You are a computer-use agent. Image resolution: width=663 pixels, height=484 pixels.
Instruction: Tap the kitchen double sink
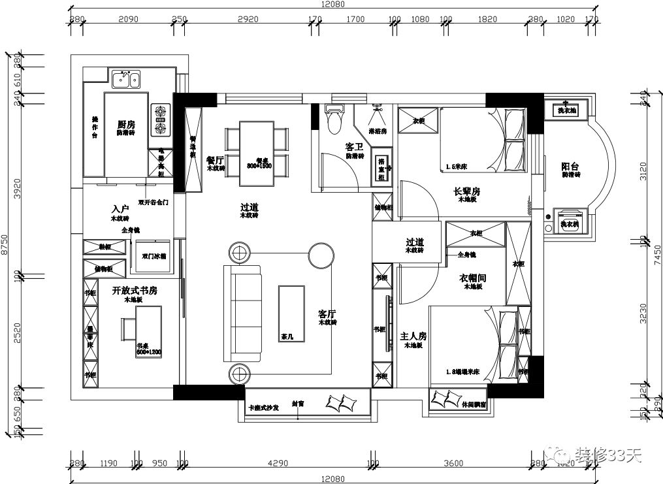[126, 80]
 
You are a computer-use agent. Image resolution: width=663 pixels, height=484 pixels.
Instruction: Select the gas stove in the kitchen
[161, 118]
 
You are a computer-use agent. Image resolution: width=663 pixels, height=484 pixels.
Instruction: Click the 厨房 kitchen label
[126, 124]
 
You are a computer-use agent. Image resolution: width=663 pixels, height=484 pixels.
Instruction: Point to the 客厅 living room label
[327, 314]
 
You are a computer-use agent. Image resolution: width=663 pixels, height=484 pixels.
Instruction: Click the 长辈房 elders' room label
[467, 191]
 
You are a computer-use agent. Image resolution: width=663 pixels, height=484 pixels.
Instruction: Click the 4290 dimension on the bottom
[278, 464]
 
